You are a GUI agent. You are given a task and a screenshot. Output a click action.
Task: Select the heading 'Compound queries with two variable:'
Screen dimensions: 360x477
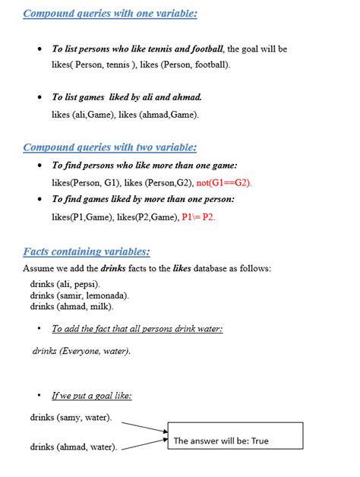click(110, 147)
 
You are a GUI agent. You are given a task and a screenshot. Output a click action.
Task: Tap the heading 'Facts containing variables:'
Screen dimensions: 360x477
click(87, 251)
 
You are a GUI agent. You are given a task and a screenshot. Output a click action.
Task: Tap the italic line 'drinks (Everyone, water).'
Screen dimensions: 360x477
click(81, 352)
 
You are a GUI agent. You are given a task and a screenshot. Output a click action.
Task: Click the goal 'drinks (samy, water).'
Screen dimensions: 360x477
click(71, 418)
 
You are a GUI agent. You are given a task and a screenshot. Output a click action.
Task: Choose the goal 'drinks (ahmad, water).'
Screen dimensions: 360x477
click(74, 447)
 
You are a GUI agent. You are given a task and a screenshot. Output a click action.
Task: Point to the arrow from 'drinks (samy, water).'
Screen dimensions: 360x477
click(144, 426)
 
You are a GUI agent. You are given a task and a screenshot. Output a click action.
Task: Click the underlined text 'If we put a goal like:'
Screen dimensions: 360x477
click(92, 396)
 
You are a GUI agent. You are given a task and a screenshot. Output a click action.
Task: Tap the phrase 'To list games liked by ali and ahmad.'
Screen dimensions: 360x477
click(126, 98)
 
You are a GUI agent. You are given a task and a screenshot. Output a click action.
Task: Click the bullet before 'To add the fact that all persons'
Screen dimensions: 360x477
click(39, 329)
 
